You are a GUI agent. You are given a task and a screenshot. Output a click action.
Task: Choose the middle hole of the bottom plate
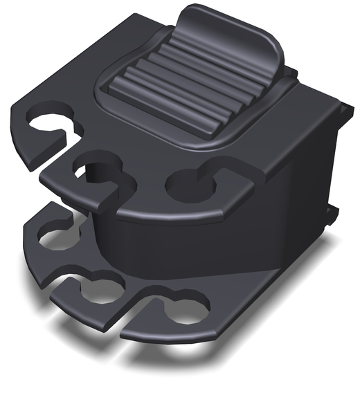coord(100,291)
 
